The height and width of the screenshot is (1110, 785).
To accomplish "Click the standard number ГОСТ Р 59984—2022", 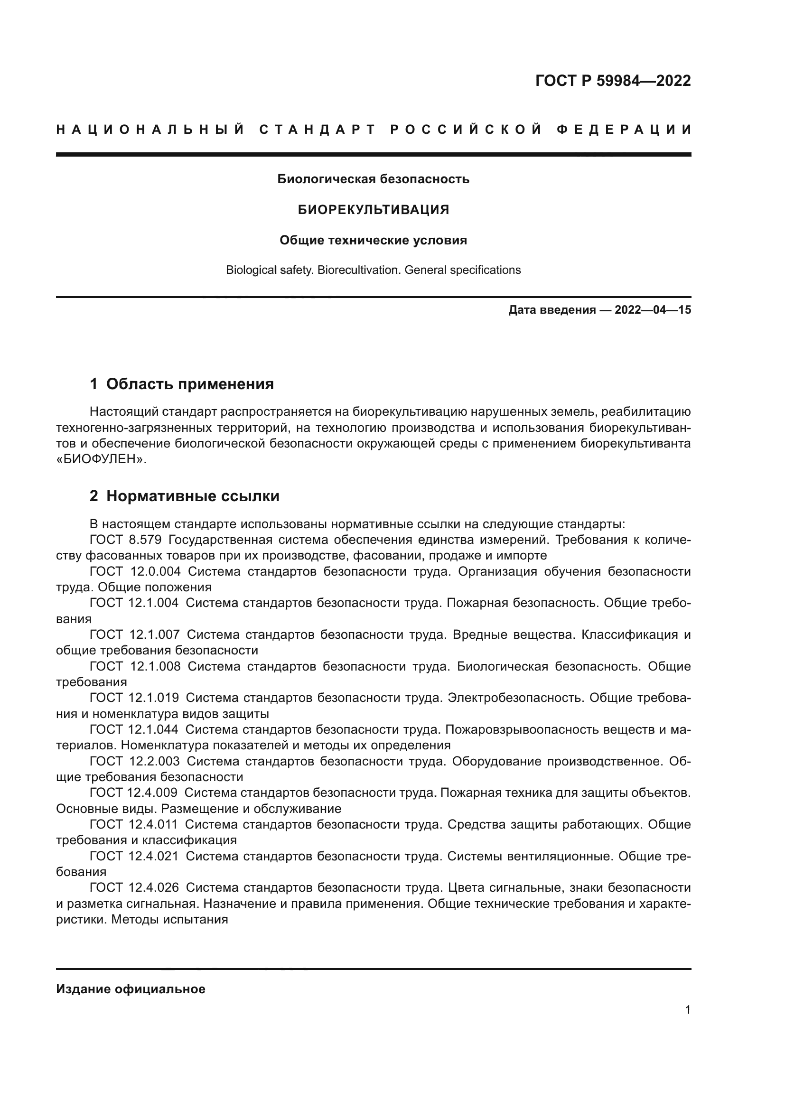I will click(x=613, y=81).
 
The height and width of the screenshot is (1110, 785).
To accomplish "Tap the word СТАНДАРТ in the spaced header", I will click(x=318, y=130).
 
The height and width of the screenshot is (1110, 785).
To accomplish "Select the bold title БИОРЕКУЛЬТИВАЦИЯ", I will click(x=373, y=210).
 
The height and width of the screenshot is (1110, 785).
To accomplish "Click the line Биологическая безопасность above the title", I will click(x=373, y=179).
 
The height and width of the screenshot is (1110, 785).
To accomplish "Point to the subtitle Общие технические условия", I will click(x=373, y=240).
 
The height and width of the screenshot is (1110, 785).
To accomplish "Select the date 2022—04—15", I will click(x=653, y=310).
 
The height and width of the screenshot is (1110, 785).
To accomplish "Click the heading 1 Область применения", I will click(x=182, y=384).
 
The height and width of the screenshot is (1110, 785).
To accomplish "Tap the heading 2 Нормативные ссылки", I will click(x=185, y=496).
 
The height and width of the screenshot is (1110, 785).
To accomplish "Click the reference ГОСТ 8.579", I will click(x=125, y=540).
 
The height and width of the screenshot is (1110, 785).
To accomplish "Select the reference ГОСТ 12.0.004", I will click(x=135, y=571).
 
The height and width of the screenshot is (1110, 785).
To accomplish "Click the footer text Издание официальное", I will click(x=131, y=989).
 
